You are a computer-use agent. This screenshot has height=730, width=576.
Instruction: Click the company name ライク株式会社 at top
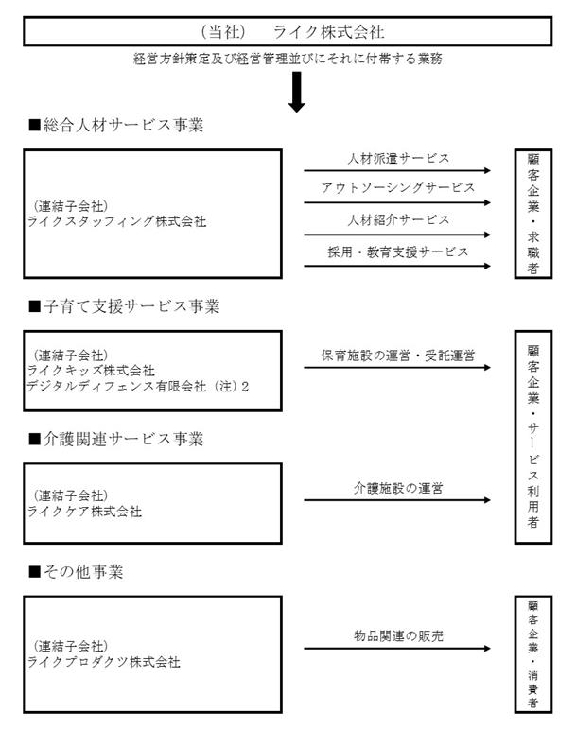coord(328,31)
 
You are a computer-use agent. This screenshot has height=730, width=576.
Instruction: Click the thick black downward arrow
coord(296,92)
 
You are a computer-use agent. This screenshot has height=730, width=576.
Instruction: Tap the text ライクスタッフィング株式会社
coord(116,221)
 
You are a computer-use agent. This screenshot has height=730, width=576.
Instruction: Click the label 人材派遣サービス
coord(398,158)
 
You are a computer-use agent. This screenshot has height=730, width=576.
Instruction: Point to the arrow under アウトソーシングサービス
coord(397,202)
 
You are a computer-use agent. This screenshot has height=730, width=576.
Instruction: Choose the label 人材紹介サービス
coord(398,219)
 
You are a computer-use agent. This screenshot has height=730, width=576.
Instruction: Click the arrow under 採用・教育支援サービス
coord(397,266)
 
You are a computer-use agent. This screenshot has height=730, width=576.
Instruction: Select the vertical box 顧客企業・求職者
coord(533,214)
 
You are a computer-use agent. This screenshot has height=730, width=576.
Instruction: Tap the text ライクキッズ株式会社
coord(91,371)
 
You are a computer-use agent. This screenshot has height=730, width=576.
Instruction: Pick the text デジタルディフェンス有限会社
coord(116,386)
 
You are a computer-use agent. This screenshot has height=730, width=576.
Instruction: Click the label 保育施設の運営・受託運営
coord(398,356)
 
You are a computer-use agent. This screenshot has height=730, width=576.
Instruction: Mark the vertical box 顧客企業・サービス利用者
coord(533,437)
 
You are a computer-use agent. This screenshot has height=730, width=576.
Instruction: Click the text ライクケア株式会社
coord(84,512)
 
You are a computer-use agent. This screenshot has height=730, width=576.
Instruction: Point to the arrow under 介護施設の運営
coord(397,500)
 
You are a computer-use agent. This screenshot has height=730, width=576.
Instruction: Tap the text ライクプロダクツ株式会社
coord(103,662)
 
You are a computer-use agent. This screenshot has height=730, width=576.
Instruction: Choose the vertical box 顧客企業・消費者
coord(533,654)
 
